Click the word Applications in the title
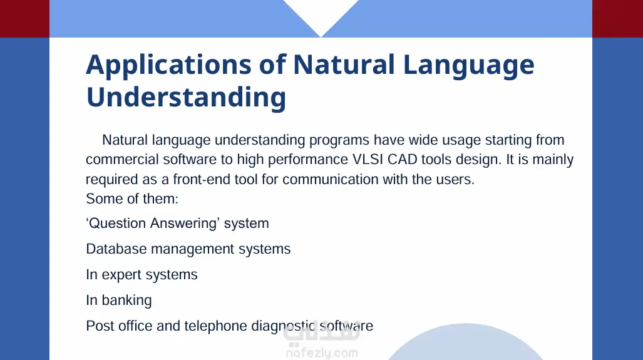pyautogui.click(x=168, y=64)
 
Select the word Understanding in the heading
pyautogui.click(x=186, y=97)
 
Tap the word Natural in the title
pyautogui.click(x=344, y=64)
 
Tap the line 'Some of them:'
pyautogui.click(x=132, y=199)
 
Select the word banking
pyautogui.click(x=126, y=301)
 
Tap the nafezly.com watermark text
pyautogui.click(x=322, y=352)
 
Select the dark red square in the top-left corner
pyautogui.click(x=24, y=18)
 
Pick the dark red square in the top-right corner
pyautogui.click(x=617, y=18)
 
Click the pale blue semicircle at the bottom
pyautogui.click(x=466, y=344)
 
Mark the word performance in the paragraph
pyautogui.click(x=308, y=159)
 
